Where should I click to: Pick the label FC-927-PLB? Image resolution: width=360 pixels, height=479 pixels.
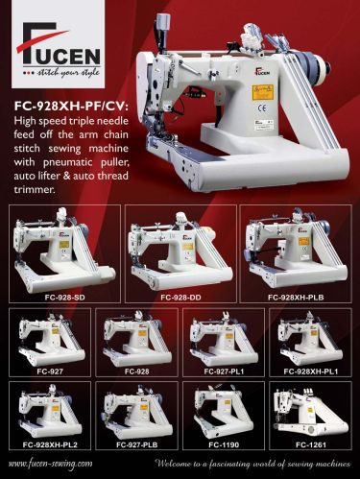pos(136,445)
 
